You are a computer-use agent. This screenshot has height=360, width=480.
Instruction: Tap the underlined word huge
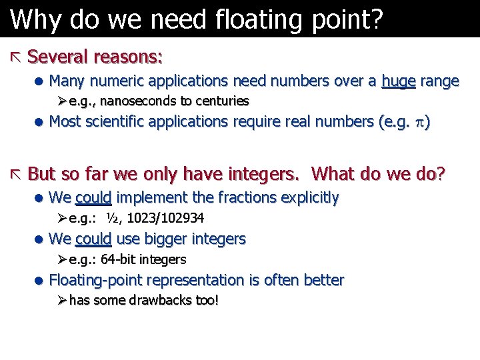pos(399,81)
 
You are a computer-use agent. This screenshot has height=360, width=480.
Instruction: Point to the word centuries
pos(222,101)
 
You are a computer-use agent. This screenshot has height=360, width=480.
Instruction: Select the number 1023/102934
pos(166,218)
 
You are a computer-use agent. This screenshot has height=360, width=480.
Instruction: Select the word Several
pos(59,57)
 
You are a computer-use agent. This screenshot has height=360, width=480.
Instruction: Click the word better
pos(323,280)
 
